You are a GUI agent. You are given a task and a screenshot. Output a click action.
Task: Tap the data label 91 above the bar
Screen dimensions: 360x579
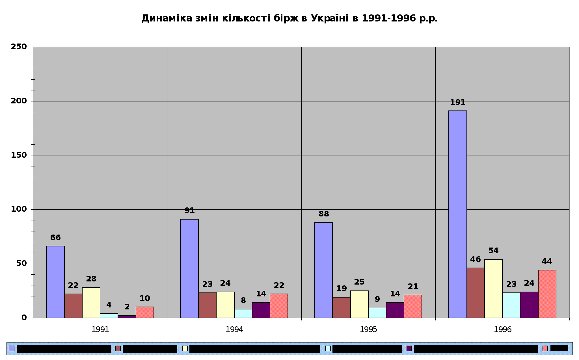189,211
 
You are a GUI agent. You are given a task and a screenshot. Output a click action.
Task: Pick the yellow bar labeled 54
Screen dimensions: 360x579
493,289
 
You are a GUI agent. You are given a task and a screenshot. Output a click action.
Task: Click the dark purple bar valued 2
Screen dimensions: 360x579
127,316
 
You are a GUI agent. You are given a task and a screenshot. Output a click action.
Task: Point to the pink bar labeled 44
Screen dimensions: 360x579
547,294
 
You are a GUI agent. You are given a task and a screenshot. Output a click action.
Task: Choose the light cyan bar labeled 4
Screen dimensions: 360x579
109,315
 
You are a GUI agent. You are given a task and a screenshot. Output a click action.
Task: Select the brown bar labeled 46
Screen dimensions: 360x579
476,293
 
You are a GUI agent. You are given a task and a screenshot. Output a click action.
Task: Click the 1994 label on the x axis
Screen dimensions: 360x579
234,329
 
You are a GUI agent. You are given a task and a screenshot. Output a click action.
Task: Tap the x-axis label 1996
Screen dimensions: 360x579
503,329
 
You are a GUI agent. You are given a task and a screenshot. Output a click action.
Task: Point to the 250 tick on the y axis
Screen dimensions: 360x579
19,47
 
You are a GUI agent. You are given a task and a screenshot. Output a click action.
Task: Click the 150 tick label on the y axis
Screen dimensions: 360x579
19,155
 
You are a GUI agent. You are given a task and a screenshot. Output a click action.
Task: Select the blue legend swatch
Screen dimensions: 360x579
12,348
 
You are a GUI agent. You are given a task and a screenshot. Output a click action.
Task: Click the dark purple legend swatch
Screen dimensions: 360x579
409,348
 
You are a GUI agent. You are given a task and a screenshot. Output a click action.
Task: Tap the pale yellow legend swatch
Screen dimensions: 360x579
185,348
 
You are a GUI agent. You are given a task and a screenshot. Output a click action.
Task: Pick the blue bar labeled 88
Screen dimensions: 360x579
323,270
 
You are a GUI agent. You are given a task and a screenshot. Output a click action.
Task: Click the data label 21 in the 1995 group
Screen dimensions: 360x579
413,287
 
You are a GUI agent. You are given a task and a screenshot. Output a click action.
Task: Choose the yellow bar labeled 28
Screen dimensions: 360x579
91,302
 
